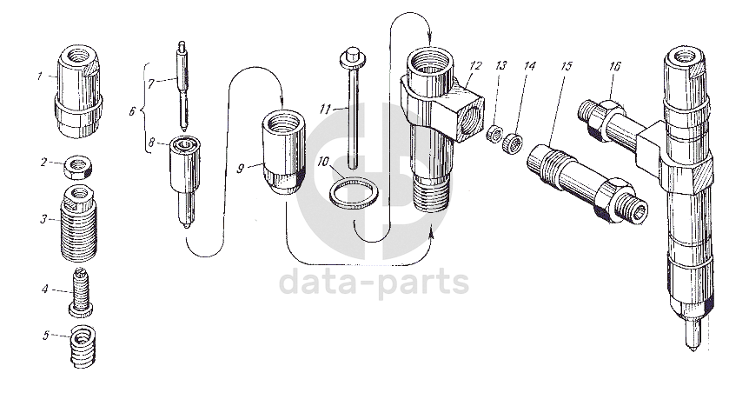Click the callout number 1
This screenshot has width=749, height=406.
click(x=40, y=77)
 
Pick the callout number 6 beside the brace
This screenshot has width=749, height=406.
click(x=132, y=112)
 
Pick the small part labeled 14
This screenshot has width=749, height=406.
click(x=566, y=66)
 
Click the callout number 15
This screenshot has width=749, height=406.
click(x=615, y=66)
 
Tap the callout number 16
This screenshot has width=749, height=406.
click(x=615, y=66)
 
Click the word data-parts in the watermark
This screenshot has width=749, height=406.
click(x=374, y=283)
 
